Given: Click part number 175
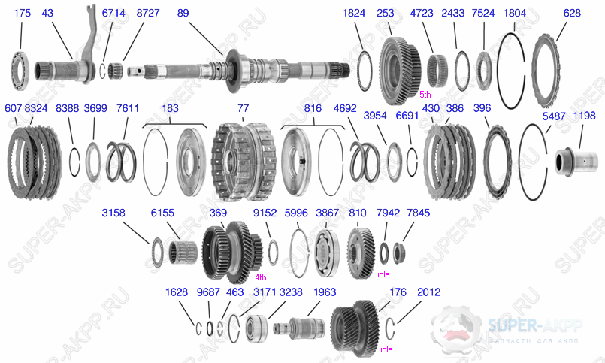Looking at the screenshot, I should coord(21,14).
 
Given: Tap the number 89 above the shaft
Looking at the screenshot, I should coord(183,14).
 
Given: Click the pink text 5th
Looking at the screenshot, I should coord(425,95).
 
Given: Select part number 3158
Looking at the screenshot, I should coord(115,213).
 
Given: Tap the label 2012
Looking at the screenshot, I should coord(428,292).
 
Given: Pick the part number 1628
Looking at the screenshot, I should coord(177,292).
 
